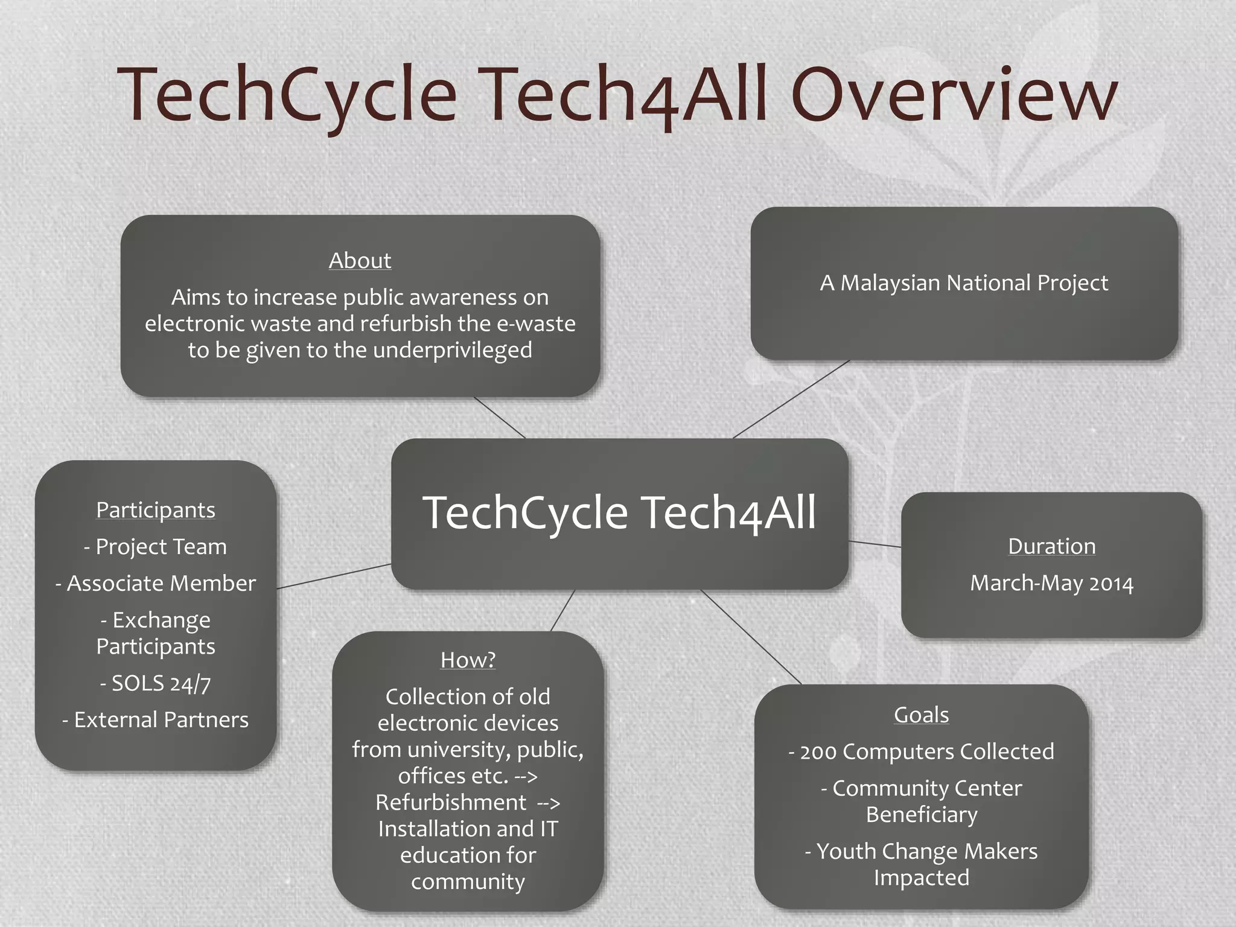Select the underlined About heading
pos(360,261)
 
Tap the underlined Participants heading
pos(156,510)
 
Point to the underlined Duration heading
pos(1051,546)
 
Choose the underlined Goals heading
pos(921,715)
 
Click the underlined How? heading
pos(468,660)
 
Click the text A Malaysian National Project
pos(964,283)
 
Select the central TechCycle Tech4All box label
pos(619,513)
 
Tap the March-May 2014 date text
pos(1051,584)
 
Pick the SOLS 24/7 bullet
pos(156,683)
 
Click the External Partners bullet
pos(156,720)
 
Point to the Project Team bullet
pos(156,547)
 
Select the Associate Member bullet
pos(156,584)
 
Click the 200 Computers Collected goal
pos(921,752)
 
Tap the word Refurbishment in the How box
pos(451,803)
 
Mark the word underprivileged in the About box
pos(453,350)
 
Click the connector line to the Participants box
pos(334,576)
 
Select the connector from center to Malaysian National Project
pos(791,399)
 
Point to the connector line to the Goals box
pos(751,637)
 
